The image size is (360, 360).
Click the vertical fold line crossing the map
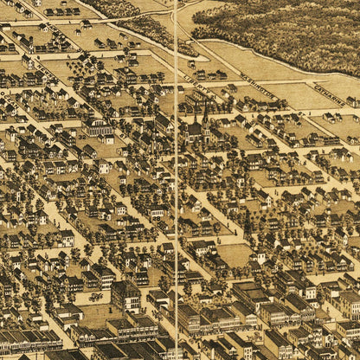pyautogui.click(x=177, y=216)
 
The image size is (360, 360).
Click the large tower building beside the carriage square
pyautogui.click(x=125, y=294)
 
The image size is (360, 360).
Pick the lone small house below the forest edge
pyautogui.click(x=191, y=63)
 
